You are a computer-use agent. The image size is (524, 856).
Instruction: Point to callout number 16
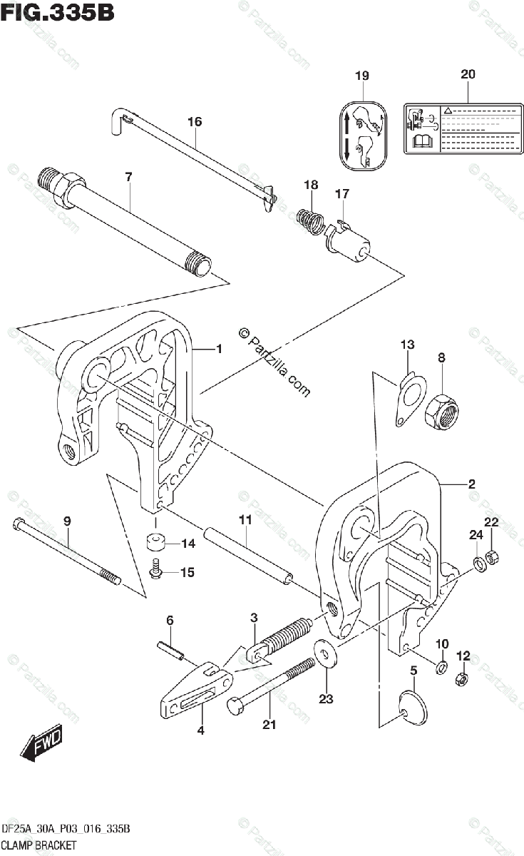tap(195, 122)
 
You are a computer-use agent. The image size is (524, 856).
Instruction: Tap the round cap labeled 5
tap(413, 706)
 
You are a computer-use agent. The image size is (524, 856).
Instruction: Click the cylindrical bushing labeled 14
tap(155, 543)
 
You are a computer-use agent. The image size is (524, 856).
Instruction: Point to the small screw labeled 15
tap(155, 569)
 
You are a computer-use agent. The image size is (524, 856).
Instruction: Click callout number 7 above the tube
tap(128, 175)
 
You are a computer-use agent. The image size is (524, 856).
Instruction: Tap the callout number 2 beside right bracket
tap(471, 484)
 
